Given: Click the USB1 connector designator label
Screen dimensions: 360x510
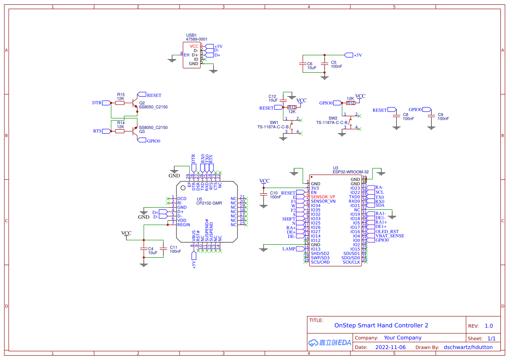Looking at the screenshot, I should (x=191, y=35).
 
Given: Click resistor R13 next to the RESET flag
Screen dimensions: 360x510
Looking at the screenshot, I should (x=291, y=107).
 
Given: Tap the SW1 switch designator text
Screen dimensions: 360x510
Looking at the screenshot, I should (x=274, y=123).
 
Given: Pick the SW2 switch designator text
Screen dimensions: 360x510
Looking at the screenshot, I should (x=333, y=118).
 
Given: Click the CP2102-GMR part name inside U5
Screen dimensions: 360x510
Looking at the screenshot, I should (x=209, y=203).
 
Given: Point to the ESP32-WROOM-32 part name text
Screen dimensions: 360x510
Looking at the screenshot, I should (x=351, y=172).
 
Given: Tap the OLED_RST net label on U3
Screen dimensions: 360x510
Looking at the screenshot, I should (x=387, y=232).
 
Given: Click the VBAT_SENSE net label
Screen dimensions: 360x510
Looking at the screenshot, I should (x=389, y=236).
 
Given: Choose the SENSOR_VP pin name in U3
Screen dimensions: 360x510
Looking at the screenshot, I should (x=323, y=197).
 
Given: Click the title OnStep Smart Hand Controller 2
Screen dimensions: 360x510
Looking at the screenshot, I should (x=381, y=326).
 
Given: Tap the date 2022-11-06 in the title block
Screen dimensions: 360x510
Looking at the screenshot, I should (x=390, y=347).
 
